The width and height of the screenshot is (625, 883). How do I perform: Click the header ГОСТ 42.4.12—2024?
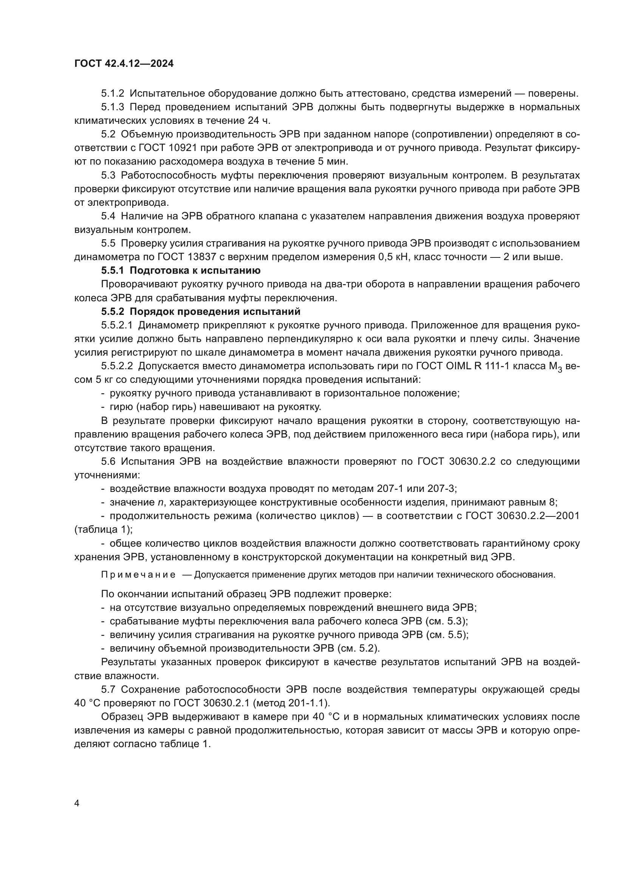click(124, 63)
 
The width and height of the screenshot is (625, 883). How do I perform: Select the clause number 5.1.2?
click(112, 94)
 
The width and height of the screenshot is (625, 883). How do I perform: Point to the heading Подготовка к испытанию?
click(195, 270)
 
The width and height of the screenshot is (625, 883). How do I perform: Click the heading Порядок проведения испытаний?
click(215, 311)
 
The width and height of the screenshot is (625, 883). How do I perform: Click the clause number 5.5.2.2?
click(117, 366)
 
